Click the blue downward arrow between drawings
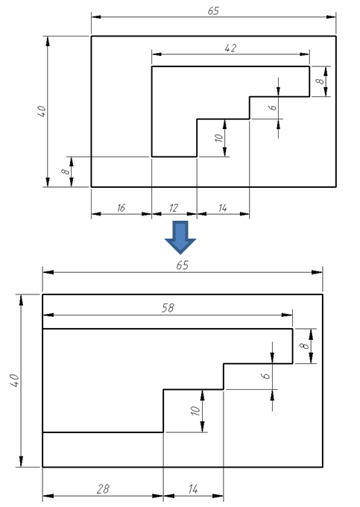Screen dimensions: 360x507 180,237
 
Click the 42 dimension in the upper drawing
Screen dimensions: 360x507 230,48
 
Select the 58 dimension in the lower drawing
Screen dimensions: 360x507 168,308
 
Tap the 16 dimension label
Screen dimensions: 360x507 121,208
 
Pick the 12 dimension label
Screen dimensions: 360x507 174,208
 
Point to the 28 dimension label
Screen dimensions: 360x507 103,489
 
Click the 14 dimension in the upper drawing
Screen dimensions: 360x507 222,208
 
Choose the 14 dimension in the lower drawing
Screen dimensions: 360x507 192,489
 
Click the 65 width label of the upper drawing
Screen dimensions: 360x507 213,11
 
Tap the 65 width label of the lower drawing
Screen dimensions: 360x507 183,265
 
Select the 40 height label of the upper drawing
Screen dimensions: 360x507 42,111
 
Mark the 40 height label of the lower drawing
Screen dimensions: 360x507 15,380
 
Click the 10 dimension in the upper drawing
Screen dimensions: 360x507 219,138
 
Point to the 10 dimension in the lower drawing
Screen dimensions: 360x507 195,411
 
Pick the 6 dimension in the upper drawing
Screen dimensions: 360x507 273,107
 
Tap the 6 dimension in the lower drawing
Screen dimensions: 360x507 265,376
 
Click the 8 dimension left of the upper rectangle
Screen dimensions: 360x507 66,171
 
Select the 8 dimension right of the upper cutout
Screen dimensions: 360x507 320,81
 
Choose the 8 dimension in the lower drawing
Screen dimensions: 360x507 304,346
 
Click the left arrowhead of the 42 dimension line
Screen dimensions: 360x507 157,54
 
